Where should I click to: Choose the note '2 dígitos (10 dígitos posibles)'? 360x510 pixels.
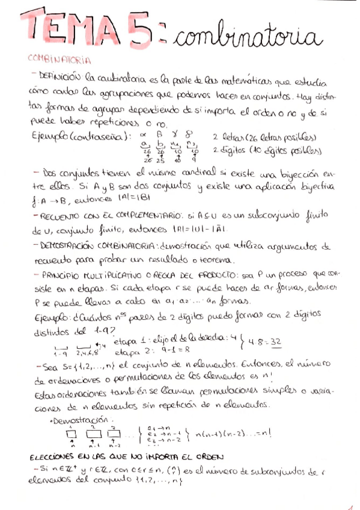(266, 150)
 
